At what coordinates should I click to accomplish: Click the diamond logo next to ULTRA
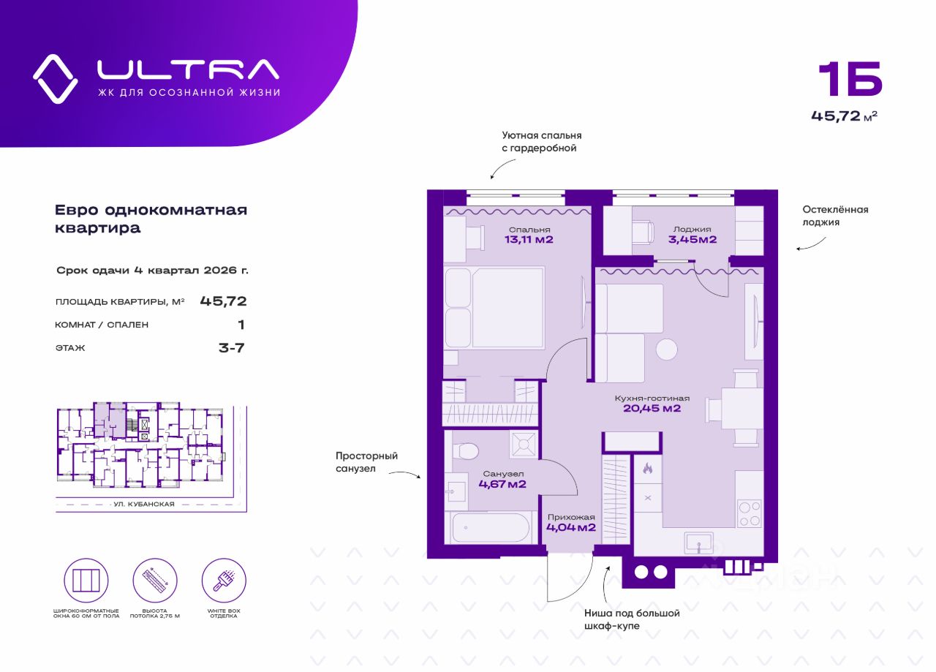55,78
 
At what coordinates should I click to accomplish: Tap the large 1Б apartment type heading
849,80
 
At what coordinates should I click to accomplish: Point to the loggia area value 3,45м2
692,239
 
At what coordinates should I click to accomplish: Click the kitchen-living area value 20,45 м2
652,409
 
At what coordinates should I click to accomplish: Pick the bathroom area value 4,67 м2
502,483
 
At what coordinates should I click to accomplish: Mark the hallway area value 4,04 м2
571,526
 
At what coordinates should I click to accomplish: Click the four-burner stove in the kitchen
749,513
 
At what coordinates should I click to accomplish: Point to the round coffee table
667,350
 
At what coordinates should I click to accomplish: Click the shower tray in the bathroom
524,444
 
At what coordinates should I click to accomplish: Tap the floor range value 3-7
231,348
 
